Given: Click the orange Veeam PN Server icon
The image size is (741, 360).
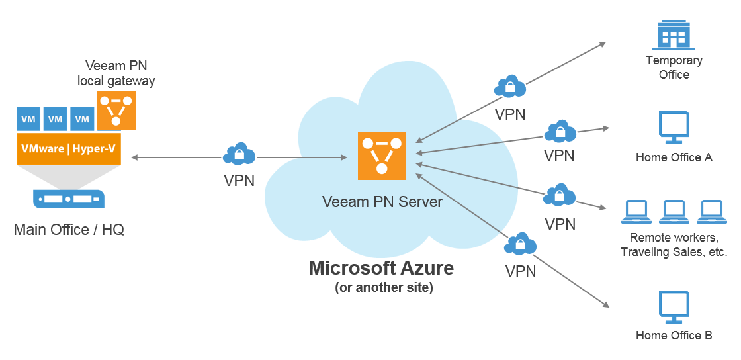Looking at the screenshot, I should point(382,156).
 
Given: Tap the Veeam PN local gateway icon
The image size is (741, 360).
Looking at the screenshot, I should point(116,111).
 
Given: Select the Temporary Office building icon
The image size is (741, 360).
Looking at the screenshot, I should point(673,34).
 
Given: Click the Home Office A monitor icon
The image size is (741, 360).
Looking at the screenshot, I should point(674,128).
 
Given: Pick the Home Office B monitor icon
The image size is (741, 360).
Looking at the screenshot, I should point(674,306).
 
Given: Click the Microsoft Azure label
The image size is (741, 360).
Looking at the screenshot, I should point(382,268).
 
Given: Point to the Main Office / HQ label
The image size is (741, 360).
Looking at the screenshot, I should point(69,230).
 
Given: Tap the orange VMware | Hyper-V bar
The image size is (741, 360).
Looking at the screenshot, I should point(68,149).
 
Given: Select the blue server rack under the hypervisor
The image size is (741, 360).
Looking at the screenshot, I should point(69,198).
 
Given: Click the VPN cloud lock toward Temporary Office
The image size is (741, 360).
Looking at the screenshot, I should point(510,87).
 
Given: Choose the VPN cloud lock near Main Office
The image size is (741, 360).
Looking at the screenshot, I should point(239,154).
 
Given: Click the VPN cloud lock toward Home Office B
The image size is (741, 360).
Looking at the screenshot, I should point(520,244).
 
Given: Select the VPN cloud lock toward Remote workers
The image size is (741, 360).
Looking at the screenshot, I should point(560,195).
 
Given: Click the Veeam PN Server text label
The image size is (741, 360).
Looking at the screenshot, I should point(382,202).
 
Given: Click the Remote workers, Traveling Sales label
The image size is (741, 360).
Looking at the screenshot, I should point(674,244).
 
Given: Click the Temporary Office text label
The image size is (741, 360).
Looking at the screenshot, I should point(674,67).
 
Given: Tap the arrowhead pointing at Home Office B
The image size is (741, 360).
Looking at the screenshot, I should point(605,305).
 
